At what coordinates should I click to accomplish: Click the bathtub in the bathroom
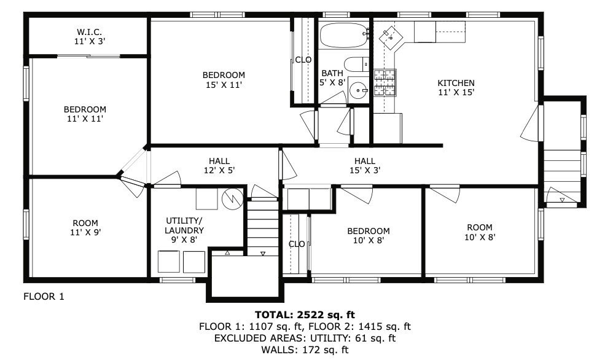(343, 35)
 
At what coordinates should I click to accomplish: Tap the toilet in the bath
(356, 65)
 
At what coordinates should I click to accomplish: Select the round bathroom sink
(358, 90)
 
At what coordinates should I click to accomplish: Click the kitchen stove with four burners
(385, 82)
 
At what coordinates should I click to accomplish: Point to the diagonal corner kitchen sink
(391, 37)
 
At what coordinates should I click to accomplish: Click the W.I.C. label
(90, 32)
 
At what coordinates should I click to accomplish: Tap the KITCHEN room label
(456, 83)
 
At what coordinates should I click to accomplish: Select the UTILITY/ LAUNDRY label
(184, 225)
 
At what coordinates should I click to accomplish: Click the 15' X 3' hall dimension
(365, 170)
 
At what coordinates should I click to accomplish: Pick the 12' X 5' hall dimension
(219, 170)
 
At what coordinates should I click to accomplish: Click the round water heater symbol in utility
(232, 199)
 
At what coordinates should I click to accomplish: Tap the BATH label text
(332, 73)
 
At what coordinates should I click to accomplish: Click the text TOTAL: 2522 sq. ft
(305, 315)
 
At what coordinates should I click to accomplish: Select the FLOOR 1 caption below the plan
(44, 296)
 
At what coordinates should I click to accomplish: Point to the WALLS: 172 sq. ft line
(305, 350)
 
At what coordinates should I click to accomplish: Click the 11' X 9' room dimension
(85, 232)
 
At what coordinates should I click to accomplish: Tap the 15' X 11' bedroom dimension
(224, 84)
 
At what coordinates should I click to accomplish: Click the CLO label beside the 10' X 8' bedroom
(297, 245)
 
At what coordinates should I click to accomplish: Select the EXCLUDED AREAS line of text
(305, 338)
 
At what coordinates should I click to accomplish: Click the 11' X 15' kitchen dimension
(456, 92)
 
